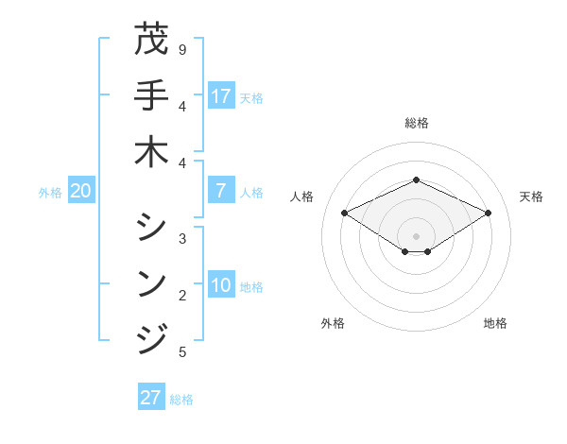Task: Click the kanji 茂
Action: [x=150, y=40]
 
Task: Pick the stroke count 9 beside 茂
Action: [x=181, y=49]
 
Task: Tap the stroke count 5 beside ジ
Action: [x=181, y=352]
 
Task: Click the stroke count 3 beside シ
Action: [x=181, y=238]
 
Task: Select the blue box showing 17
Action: [x=221, y=95]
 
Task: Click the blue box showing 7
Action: [x=221, y=191]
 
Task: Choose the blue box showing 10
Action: [x=221, y=286]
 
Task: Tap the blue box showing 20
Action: [x=80, y=191]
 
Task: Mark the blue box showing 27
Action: [x=150, y=398]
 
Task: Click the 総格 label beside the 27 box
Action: [x=181, y=400]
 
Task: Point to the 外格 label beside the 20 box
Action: [x=50, y=193]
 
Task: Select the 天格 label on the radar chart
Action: [x=531, y=196]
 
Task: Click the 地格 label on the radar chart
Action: [x=495, y=323]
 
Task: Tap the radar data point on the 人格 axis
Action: [x=345, y=213]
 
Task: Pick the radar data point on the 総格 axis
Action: [x=416, y=179]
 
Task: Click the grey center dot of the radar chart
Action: [x=416, y=235]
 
